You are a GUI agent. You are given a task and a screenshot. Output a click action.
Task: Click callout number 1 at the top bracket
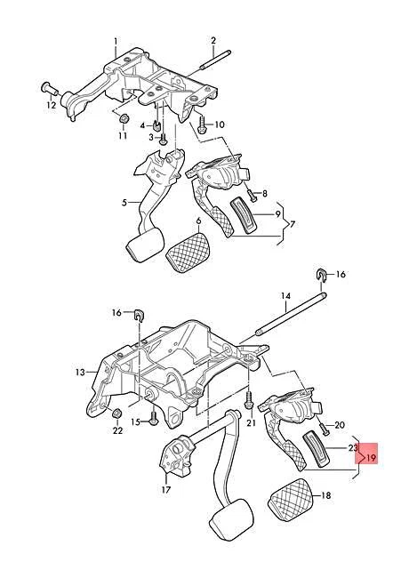pyautogui.click(x=116, y=42)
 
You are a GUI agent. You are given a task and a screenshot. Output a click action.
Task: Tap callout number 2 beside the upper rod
pyautogui.click(x=214, y=41)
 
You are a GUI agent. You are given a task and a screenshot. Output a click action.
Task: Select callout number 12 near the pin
pyautogui.click(x=51, y=106)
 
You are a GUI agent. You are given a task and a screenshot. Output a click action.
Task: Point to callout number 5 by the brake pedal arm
pyautogui.click(x=124, y=203)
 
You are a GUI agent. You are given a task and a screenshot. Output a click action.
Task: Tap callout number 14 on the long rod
pyautogui.click(x=286, y=295)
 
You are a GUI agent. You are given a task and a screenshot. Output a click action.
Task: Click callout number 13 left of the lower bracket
pyautogui.click(x=80, y=372)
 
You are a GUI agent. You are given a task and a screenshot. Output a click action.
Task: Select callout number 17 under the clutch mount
pyautogui.click(x=165, y=489)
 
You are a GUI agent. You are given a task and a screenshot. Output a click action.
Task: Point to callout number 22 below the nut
pyautogui.click(x=116, y=431)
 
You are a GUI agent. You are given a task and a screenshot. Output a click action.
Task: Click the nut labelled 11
pyautogui.click(x=124, y=118)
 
